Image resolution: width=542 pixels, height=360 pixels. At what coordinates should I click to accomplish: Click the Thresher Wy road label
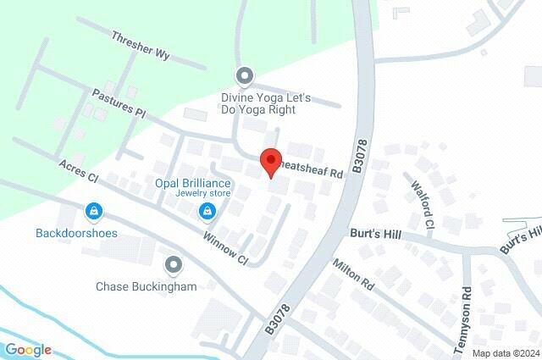[141, 47]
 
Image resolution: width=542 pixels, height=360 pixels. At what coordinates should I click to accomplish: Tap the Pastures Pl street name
[120, 105]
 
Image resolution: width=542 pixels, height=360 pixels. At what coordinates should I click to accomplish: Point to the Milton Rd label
[353, 276]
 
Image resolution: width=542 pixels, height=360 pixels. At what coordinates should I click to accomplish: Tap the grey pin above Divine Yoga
[245, 76]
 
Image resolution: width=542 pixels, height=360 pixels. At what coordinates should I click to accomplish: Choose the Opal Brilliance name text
[192, 183]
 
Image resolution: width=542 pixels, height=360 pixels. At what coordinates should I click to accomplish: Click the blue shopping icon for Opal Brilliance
[206, 210]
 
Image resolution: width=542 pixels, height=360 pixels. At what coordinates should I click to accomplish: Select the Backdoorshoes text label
[76, 232]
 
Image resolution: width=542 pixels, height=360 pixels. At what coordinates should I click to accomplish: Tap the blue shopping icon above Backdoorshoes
[93, 209]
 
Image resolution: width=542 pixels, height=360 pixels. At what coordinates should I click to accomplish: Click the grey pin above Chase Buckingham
[175, 265]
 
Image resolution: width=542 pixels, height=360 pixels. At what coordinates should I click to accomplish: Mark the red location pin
[270, 161]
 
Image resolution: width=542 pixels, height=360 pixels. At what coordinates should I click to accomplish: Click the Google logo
[28, 350]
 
